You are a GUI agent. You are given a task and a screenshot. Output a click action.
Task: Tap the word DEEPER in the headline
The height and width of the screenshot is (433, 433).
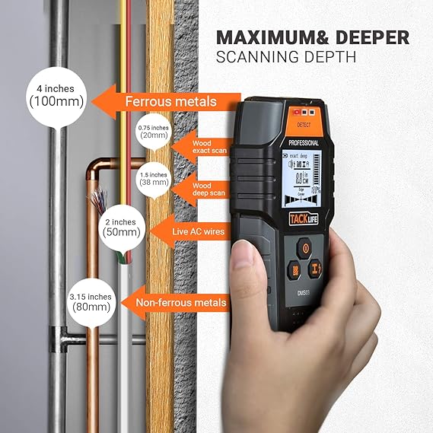[373, 38]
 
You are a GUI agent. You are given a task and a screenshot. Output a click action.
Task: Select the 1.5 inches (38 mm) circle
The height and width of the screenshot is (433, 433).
[152, 179]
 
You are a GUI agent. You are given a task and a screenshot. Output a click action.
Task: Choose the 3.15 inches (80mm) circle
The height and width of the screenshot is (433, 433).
[91, 301]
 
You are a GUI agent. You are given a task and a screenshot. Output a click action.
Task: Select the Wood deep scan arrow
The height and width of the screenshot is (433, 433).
[199, 188]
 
